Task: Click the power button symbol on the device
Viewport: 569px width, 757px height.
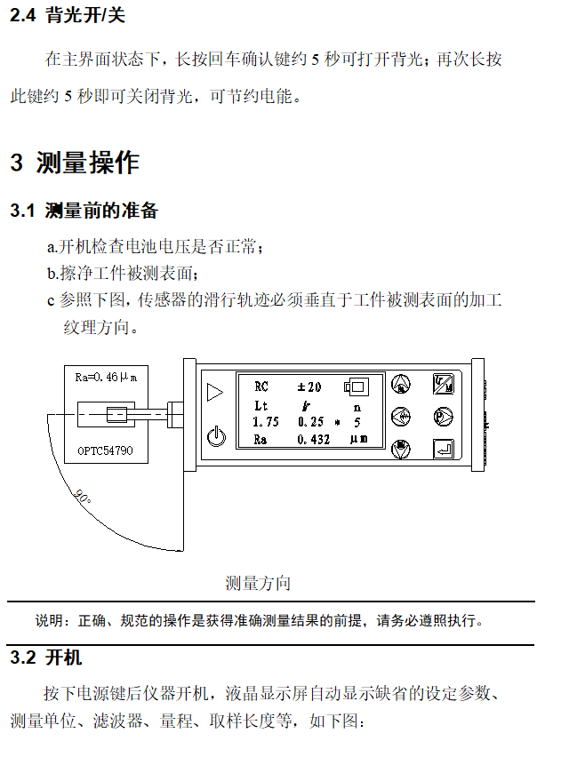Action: pyautogui.click(x=214, y=437)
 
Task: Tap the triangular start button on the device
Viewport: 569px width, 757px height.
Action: pyautogui.click(x=214, y=391)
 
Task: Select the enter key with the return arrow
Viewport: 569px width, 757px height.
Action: pyautogui.click(x=443, y=450)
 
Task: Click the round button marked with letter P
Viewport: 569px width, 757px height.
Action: pyautogui.click(x=443, y=416)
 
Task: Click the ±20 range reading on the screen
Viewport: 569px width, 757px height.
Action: pyautogui.click(x=309, y=386)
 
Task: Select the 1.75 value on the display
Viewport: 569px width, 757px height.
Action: pyautogui.click(x=266, y=422)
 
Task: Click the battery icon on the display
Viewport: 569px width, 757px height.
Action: pyautogui.click(x=357, y=386)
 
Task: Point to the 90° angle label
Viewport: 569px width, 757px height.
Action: pyautogui.click(x=83, y=498)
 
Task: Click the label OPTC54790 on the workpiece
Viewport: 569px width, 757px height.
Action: pyautogui.click(x=104, y=450)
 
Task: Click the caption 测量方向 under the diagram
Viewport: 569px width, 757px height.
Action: pyautogui.click(x=258, y=584)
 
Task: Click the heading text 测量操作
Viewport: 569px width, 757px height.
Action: pyautogui.click(x=88, y=163)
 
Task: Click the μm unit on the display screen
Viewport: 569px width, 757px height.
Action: pyautogui.click(x=359, y=440)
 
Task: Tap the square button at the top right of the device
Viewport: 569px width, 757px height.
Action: pyautogui.click(x=443, y=384)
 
